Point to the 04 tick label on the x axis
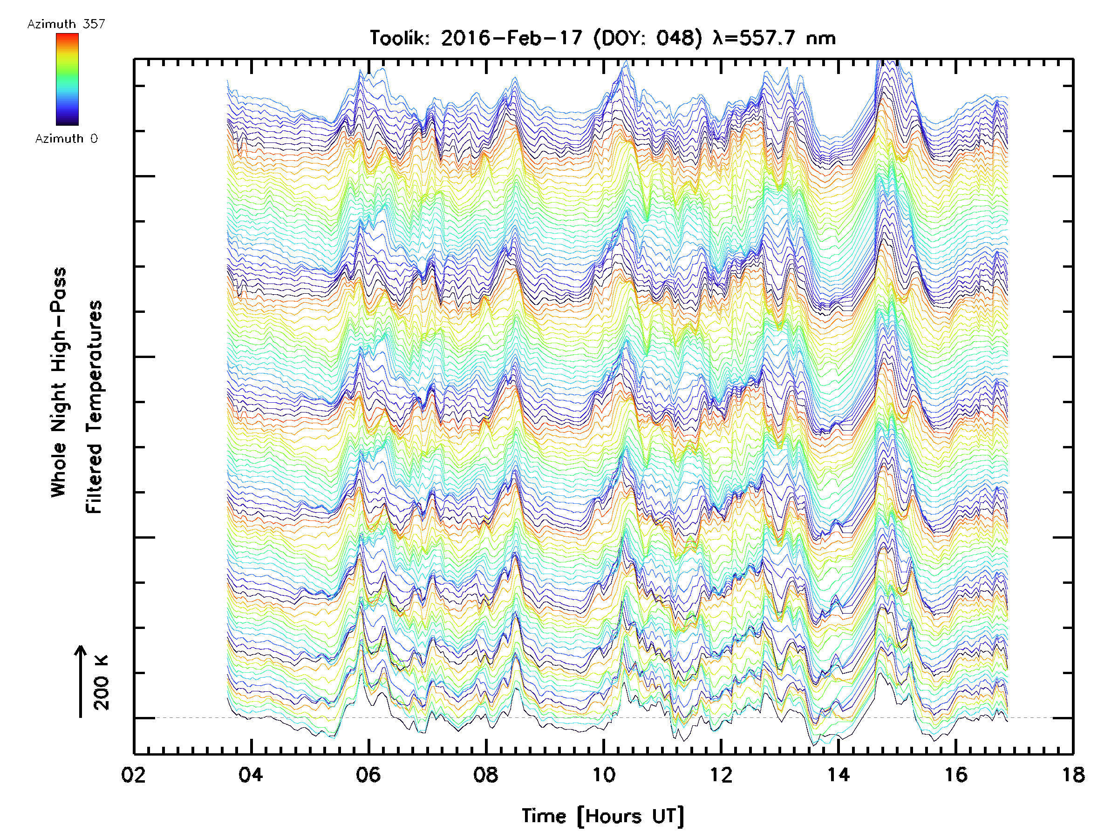(251, 775)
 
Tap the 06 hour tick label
(368, 775)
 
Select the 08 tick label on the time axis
(486, 775)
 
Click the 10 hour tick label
(603, 775)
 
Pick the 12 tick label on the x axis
(721, 775)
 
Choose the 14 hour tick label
(838, 775)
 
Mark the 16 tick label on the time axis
(956, 775)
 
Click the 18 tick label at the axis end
(1072, 775)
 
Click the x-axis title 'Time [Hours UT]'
(603, 816)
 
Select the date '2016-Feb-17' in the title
(511, 38)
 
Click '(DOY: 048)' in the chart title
(648, 38)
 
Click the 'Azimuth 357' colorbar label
(66, 24)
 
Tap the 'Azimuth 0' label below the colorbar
(66, 138)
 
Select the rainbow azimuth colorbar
(67, 79)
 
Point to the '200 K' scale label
(102, 683)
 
